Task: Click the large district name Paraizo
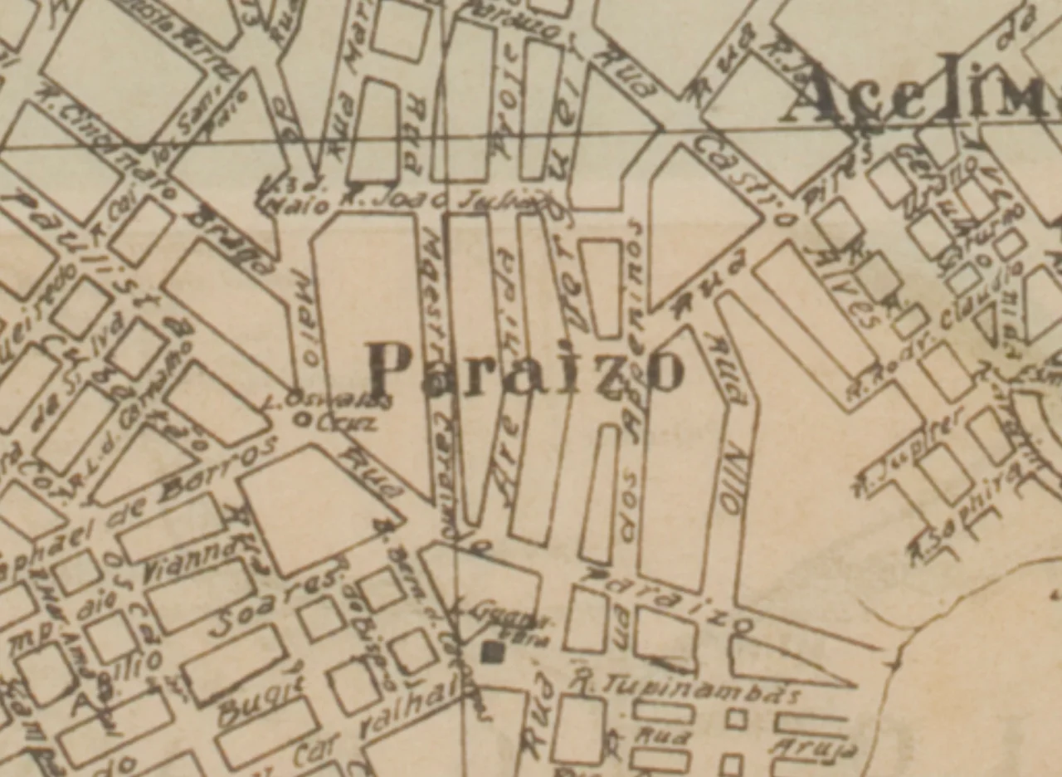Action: [x=526, y=370]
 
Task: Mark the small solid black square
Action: [x=492, y=652]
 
